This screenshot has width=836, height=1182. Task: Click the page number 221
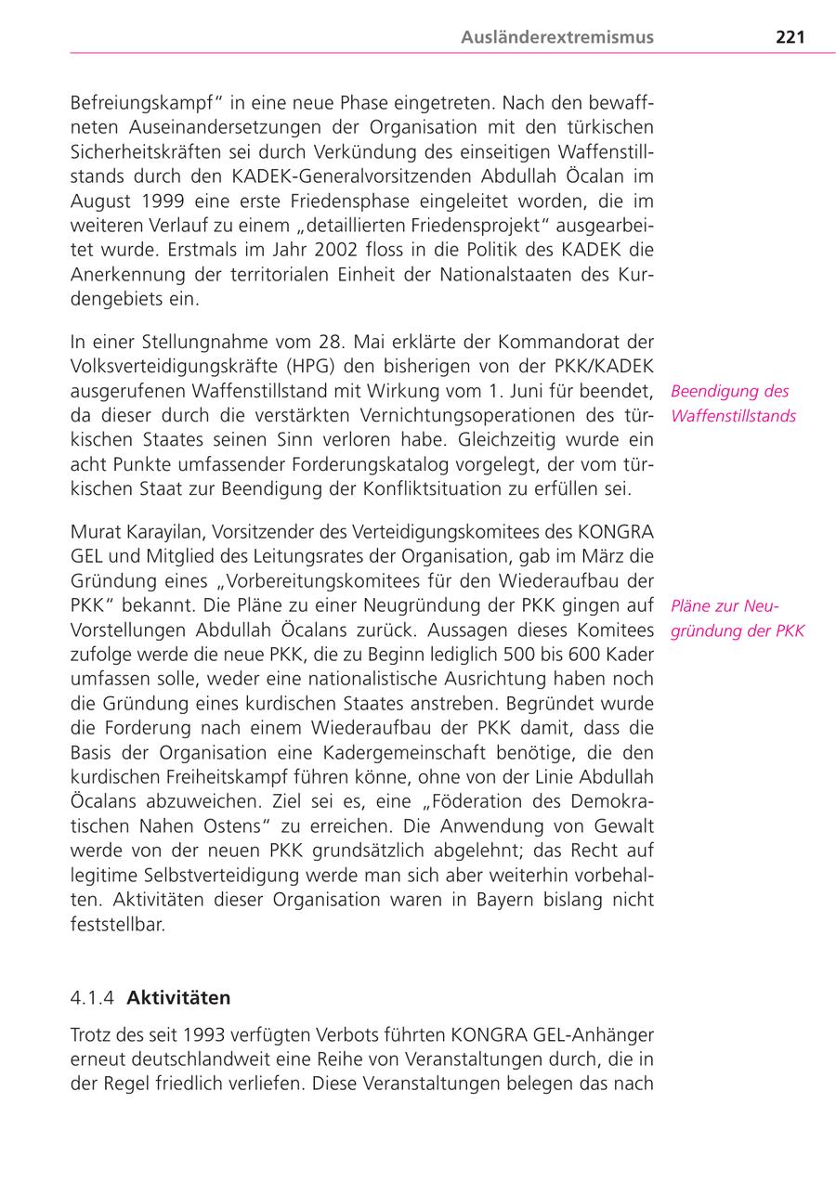pos(790,37)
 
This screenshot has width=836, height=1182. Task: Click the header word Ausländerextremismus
pos(557,37)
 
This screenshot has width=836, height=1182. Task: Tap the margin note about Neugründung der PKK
pos(737,618)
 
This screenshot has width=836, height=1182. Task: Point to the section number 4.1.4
pos(93,998)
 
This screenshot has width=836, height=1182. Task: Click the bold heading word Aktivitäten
pos(178,998)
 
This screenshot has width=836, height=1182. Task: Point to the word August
pos(99,201)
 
